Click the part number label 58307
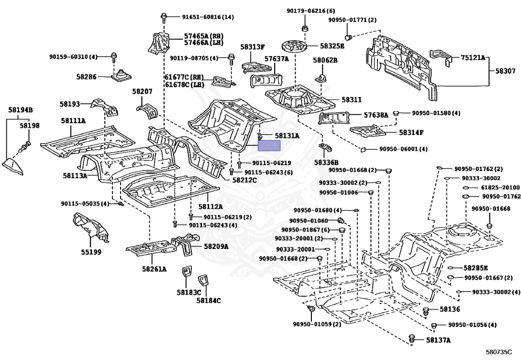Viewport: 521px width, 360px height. coord(505,71)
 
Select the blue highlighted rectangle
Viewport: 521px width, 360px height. coord(269,146)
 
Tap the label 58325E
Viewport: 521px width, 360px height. coord(332,46)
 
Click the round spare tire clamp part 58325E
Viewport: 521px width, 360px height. coord(295,45)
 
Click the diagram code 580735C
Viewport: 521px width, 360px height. coord(499,352)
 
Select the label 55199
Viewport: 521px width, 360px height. coord(91,252)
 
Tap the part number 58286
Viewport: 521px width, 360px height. coord(86,77)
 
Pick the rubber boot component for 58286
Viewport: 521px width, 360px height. coord(121,75)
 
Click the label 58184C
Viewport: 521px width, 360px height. coord(208,300)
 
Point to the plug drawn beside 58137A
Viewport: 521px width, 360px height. coord(412,338)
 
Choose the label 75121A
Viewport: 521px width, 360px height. coord(473,58)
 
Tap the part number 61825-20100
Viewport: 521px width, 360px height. coord(501,187)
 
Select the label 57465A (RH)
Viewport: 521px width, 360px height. coord(204,36)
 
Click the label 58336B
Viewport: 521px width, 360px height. coord(327,162)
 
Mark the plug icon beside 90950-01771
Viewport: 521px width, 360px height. coord(349,37)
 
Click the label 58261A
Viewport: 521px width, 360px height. coord(155,269)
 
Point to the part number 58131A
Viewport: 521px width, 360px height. coord(287,135)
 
